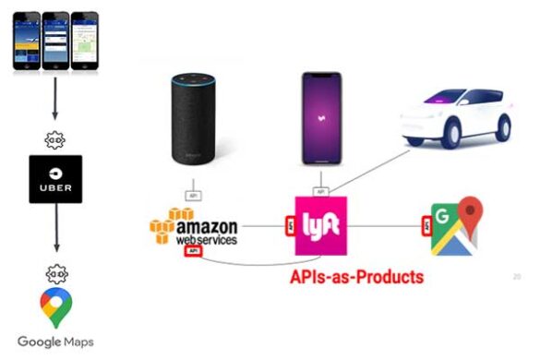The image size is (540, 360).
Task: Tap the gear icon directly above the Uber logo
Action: click(x=55, y=138)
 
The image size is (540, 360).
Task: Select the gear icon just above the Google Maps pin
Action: click(x=55, y=274)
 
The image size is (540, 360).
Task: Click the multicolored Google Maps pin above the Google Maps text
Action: click(x=55, y=307)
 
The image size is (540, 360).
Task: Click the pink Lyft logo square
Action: click(x=319, y=225)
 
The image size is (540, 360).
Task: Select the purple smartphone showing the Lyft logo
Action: click(x=320, y=118)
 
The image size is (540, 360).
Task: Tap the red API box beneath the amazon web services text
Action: click(x=193, y=249)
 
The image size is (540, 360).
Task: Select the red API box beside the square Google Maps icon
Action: click(x=426, y=224)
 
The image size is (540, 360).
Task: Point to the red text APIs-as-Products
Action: click(x=356, y=276)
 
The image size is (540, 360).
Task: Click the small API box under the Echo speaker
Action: click(x=193, y=196)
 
